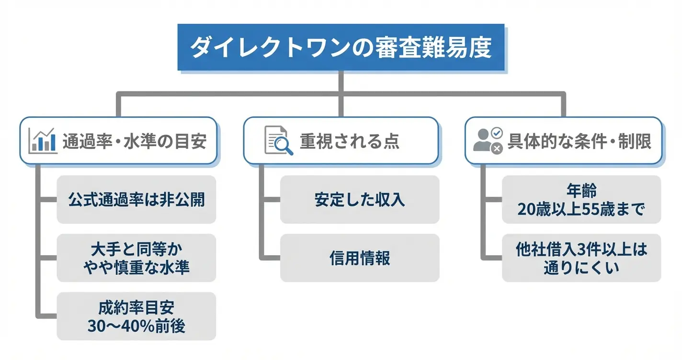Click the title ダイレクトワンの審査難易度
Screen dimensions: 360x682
(x=341, y=48)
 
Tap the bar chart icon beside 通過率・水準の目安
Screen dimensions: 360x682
(x=43, y=141)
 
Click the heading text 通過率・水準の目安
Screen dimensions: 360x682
(x=135, y=142)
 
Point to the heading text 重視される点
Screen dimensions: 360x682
(x=350, y=142)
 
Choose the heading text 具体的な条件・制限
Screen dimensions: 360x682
(x=579, y=142)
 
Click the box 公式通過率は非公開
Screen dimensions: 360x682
(x=136, y=200)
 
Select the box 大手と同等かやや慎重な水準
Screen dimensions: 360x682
(x=136, y=258)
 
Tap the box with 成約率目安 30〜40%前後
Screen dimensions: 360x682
(x=136, y=316)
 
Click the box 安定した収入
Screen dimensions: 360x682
(x=360, y=200)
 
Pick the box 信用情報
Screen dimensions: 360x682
(x=360, y=258)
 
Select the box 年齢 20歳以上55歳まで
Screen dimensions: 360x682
(x=581, y=200)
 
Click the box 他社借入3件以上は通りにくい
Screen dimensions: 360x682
(x=581, y=258)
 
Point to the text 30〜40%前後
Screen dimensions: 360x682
(x=136, y=326)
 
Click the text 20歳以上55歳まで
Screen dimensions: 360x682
(x=581, y=209)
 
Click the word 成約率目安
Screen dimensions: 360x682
(x=136, y=307)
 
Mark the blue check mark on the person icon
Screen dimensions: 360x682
(x=497, y=133)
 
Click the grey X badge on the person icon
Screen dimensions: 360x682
(x=497, y=149)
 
